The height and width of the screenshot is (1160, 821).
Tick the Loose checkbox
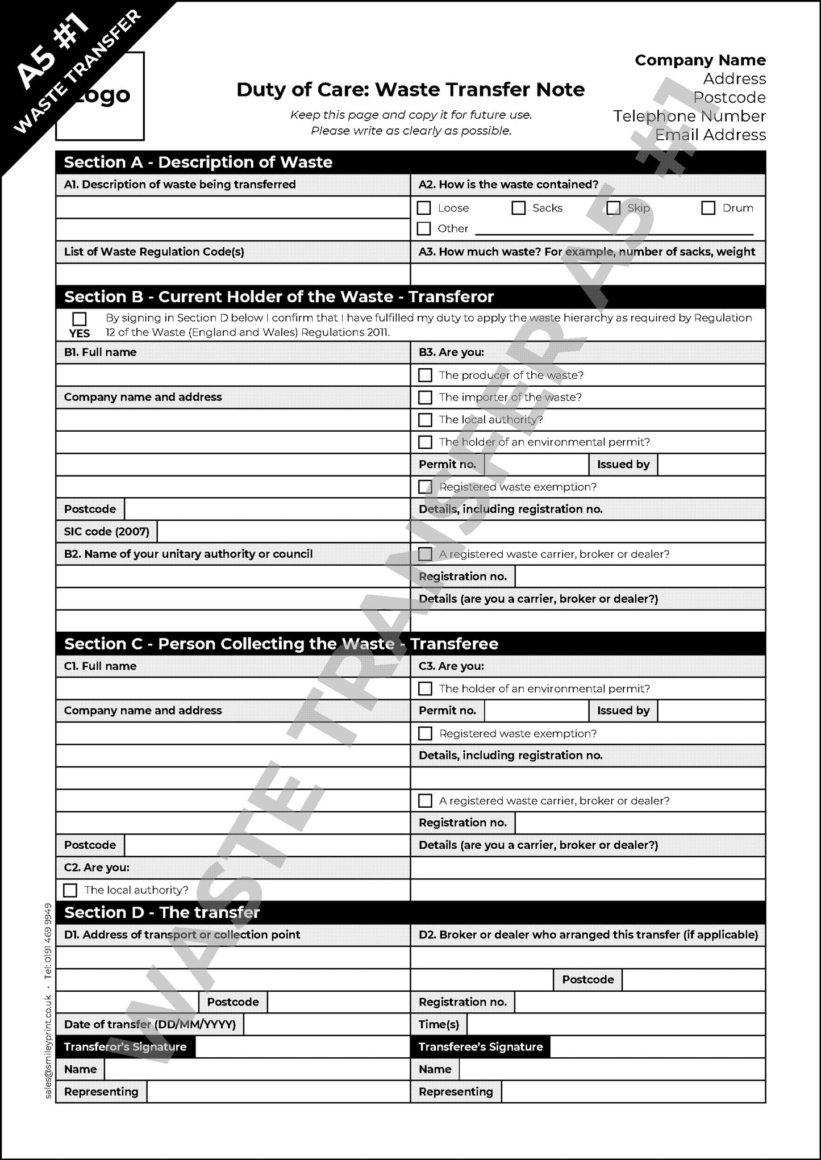(424, 208)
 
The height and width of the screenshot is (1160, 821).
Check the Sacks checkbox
(518, 208)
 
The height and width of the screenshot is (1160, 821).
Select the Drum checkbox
(708, 208)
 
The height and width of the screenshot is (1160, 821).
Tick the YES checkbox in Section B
(80, 319)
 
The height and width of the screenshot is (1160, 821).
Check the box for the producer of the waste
(425, 375)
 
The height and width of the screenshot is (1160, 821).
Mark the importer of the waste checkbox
(425, 397)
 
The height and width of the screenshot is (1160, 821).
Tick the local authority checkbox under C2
(70, 890)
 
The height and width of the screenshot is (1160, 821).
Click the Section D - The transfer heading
(162, 912)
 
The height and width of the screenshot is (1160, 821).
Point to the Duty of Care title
(410, 90)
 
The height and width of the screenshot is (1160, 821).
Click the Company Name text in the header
(700, 60)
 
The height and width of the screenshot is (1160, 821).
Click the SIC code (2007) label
(107, 532)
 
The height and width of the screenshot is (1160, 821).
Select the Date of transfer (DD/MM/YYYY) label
(150, 1024)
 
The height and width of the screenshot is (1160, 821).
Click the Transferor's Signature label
(125, 1046)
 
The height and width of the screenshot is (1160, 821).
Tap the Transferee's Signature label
(480, 1046)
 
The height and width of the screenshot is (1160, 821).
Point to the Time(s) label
(439, 1024)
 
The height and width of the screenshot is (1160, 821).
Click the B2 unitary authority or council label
(188, 554)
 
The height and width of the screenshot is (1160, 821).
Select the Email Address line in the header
(710, 135)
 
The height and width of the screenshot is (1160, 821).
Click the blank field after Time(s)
(616, 1024)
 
